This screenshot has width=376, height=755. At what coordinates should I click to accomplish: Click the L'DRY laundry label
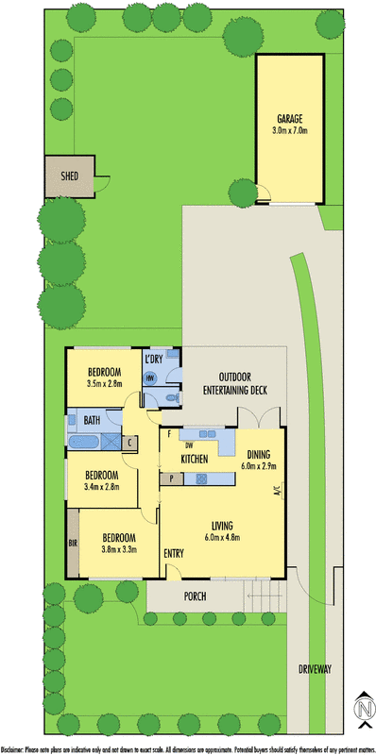click(154, 361)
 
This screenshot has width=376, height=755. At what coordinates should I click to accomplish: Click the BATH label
click(92, 420)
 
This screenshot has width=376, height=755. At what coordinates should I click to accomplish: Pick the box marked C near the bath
click(130, 442)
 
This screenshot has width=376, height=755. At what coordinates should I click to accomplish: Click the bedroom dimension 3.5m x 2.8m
click(105, 384)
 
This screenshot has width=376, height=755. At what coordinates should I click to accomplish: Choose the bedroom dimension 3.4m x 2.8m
click(101, 486)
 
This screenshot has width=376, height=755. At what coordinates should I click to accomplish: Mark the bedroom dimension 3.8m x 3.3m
click(112, 547)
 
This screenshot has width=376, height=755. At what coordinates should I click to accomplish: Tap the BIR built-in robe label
click(72, 544)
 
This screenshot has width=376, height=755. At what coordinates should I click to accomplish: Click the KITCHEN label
click(195, 459)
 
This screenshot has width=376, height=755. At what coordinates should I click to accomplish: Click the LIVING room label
click(223, 525)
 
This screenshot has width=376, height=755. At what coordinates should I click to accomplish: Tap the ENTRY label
click(174, 553)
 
